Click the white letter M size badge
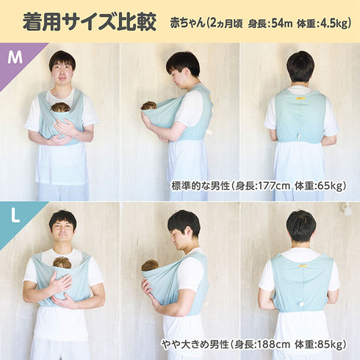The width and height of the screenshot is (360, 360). point(15,58)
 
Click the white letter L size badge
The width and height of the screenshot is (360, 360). point(15,216)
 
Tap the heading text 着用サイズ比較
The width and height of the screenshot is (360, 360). point(90,22)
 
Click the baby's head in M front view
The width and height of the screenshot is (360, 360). point(60,107)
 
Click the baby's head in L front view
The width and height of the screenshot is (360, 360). point(62,262)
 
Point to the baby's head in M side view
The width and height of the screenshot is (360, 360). point(148,106)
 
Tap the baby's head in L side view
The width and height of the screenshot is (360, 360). point(150,265)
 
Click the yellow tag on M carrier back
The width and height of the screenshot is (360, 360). point(300,98)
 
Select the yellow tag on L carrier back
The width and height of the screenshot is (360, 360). point(302,266)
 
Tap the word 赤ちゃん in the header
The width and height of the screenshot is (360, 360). point(187,24)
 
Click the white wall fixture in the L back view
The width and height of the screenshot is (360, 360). point(348,210)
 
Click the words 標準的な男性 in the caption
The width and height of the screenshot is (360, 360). point(200,186)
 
